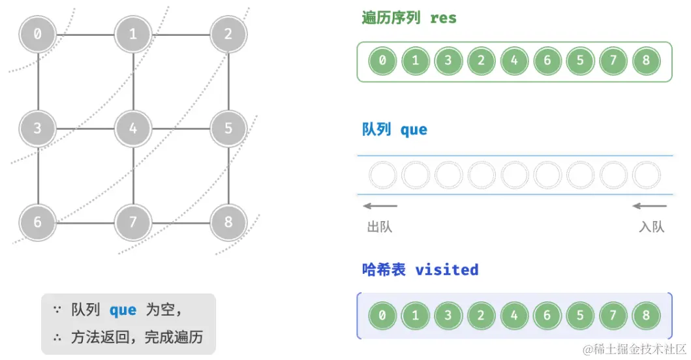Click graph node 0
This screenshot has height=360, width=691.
pos(37,34)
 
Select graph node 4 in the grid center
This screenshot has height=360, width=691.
pos(133,128)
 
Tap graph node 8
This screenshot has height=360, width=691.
pos(228,222)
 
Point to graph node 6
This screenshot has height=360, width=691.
pos(37,222)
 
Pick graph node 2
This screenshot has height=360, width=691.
pos(228,34)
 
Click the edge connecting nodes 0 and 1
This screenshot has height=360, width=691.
pos(85,34)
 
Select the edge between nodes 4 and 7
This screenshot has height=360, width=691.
pos(133,175)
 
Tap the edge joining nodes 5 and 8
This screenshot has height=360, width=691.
pos(228,175)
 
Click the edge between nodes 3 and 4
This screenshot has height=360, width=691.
pos(85,128)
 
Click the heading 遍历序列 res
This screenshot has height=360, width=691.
pos(409,18)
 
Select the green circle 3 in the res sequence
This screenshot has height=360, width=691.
pos(448,62)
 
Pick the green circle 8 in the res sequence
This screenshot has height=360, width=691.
pos(646,62)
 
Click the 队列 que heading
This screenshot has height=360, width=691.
pos(394,130)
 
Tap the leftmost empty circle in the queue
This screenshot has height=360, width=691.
pos(382,175)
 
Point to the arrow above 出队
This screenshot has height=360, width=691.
pos(380,207)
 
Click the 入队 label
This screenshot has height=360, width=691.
pos(651,227)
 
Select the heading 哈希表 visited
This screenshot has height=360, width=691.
pos(420,270)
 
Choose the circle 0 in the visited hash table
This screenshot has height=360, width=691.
pos(382,316)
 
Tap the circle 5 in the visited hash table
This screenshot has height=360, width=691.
pos(580,316)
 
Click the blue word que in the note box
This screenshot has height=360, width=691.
pos(123,310)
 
